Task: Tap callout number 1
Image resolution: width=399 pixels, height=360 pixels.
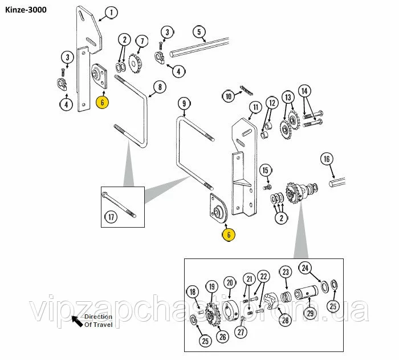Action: click(111, 12)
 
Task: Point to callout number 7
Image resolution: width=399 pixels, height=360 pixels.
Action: click(141, 41)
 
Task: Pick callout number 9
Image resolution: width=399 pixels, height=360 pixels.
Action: click(184, 103)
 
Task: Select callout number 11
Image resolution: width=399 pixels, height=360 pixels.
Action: click(255, 107)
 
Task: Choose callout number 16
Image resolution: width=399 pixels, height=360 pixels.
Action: click(326, 159)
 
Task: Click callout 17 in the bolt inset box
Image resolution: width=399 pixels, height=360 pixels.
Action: click(112, 217)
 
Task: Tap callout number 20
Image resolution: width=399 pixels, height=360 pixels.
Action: click(230, 282)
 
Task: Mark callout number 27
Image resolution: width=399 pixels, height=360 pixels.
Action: click(242, 333)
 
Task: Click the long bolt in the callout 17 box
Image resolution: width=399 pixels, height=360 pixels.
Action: click(120, 204)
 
